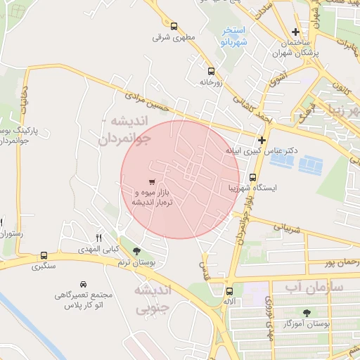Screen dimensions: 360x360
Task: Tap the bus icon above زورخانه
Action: [211, 70]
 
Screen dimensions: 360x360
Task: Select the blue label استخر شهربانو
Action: [233, 36]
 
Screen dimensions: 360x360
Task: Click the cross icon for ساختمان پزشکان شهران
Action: [296, 32]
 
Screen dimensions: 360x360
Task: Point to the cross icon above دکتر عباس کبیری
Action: [262, 140]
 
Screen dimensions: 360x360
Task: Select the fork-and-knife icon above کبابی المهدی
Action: [98, 236]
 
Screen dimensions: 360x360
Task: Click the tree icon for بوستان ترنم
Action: [136, 250]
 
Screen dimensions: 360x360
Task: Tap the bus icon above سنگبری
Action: [44, 256]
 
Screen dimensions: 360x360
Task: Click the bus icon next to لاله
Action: [229, 290]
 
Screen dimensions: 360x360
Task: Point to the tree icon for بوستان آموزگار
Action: [306, 313]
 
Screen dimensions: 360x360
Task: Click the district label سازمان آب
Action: [314, 288]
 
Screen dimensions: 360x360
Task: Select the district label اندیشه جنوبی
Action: [151, 298]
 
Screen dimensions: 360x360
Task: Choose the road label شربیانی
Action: [286, 228]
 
